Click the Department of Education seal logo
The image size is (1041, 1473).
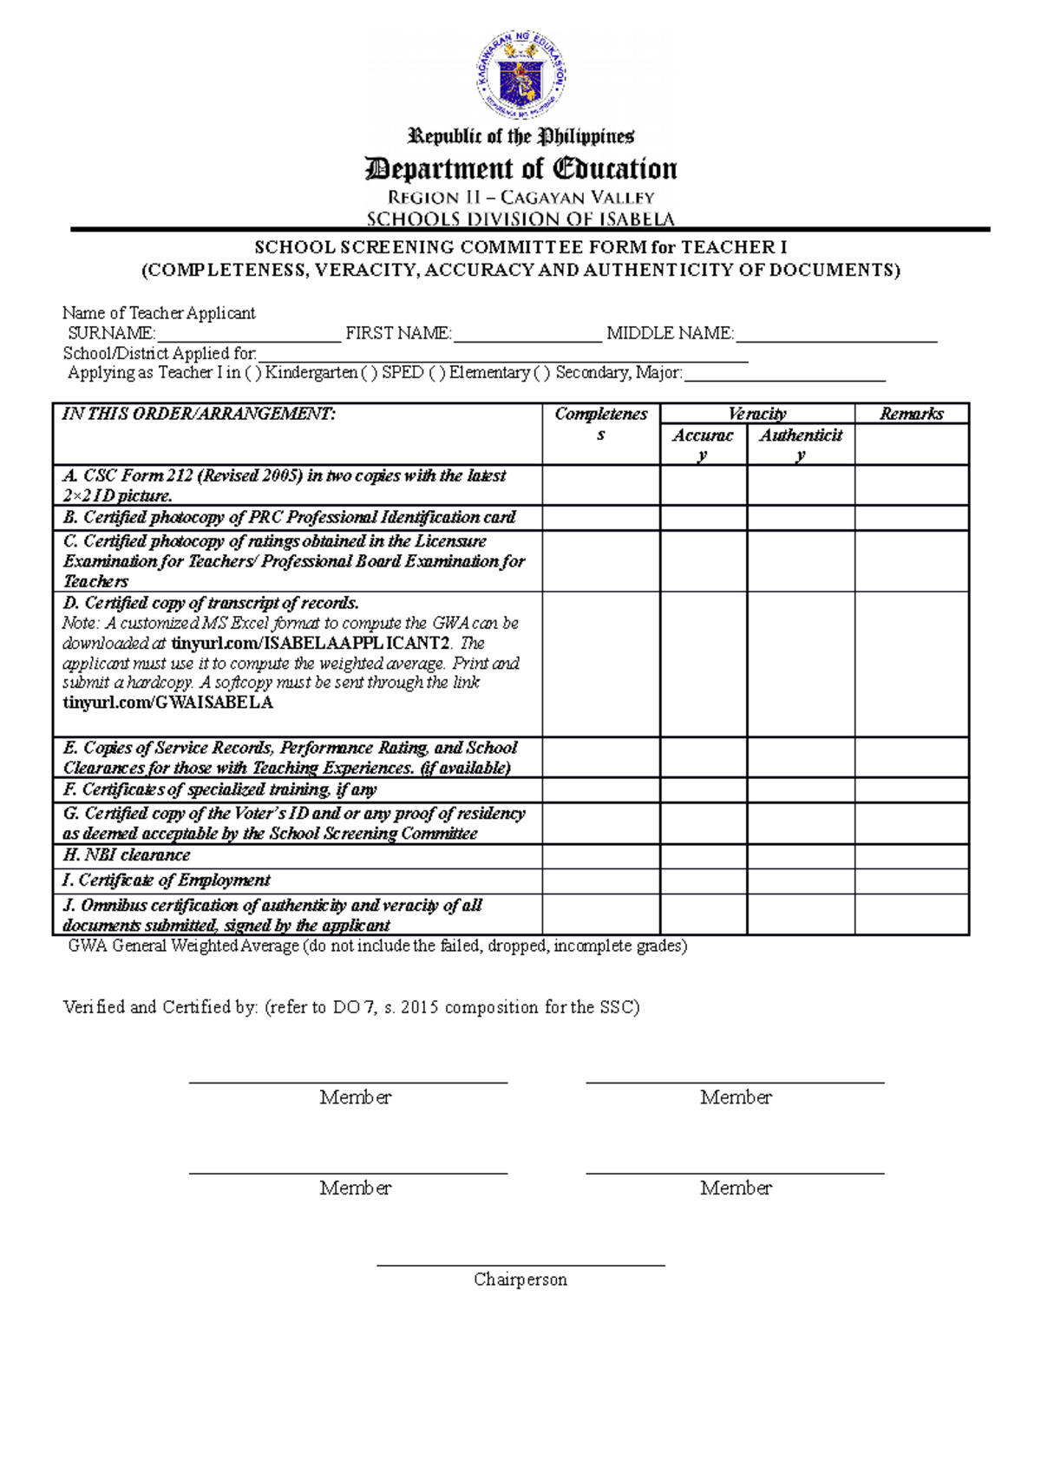[520, 77]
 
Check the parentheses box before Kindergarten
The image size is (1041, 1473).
[252, 373]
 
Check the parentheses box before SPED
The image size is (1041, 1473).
[370, 373]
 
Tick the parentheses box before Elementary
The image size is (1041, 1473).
[437, 373]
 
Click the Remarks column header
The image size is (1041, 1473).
[911, 414]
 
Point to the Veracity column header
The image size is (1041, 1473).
[756, 414]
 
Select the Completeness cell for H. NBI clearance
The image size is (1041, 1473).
[600, 856]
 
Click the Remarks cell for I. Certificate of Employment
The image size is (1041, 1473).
[911, 881]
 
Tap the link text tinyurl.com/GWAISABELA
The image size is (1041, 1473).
[167, 703]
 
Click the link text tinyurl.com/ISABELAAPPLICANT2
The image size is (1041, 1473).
[311, 644]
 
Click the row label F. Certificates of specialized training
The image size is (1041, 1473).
[219, 789]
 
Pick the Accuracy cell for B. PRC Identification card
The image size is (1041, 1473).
[703, 518]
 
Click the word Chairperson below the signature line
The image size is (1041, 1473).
[520, 1280]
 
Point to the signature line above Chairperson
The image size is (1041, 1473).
[520, 1265]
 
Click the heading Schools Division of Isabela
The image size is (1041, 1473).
[520, 219]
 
